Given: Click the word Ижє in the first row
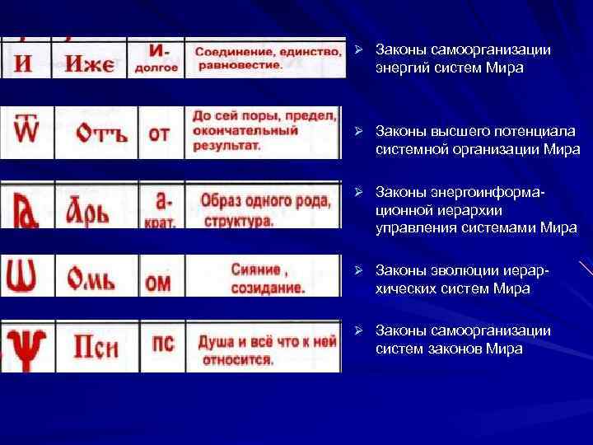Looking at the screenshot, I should click(91, 63).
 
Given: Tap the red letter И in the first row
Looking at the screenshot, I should click(26, 63).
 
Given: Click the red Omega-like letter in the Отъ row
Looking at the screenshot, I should click(28, 131).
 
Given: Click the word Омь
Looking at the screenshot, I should click(97, 275).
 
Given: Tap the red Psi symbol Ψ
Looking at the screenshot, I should click(28, 346).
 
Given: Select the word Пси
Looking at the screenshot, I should click(96, 347).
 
